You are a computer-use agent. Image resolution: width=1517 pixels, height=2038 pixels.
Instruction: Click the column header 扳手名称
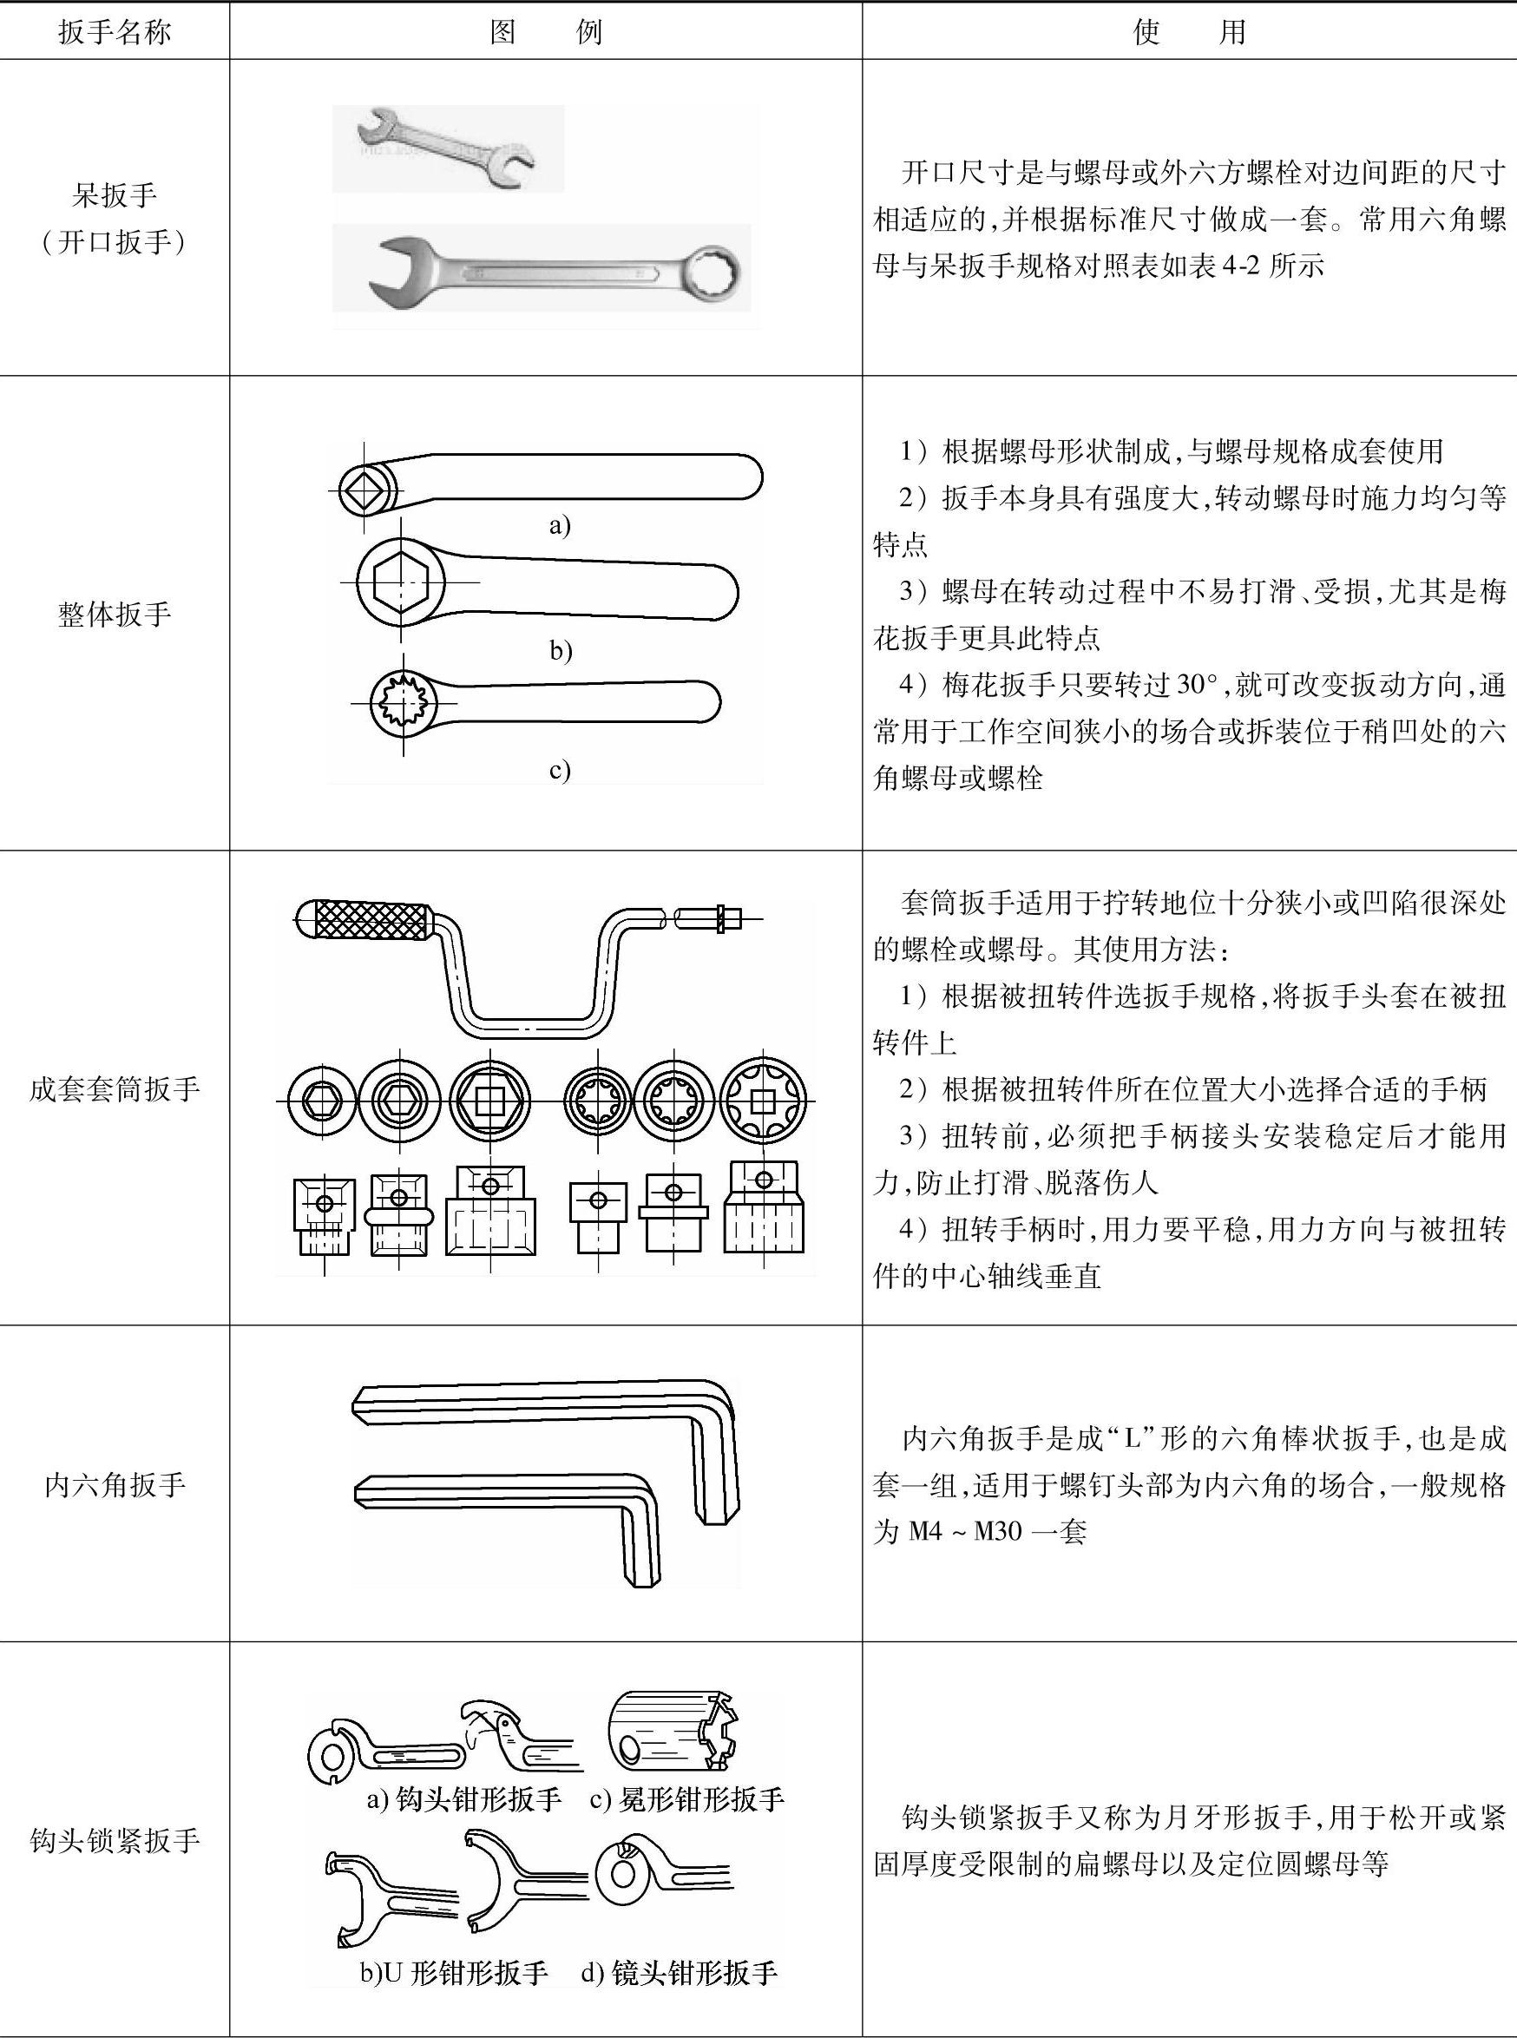coord(114,33)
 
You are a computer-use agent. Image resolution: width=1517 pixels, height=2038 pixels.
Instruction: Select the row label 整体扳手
coord(114,614)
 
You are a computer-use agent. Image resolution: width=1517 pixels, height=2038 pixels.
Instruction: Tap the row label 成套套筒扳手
coord(114,1088)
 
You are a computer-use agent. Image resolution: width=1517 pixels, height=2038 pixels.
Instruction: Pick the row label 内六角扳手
coord(114,1484)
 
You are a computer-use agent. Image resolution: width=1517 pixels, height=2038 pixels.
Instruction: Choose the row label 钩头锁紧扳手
coord(114,1839)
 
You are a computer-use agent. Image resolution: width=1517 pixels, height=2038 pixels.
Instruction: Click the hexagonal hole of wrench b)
coord(400,582)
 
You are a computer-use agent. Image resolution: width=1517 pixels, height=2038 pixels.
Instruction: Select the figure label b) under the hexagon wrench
coord(560,650)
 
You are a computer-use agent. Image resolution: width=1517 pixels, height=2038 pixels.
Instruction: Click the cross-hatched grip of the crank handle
coord(373,920)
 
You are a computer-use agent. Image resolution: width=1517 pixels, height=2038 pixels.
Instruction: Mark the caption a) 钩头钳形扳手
coord(463,1798)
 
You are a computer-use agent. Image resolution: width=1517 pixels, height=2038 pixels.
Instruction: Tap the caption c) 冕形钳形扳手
coord(686,1798)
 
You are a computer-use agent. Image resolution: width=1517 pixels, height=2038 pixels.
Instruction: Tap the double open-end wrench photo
coord(448,147)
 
